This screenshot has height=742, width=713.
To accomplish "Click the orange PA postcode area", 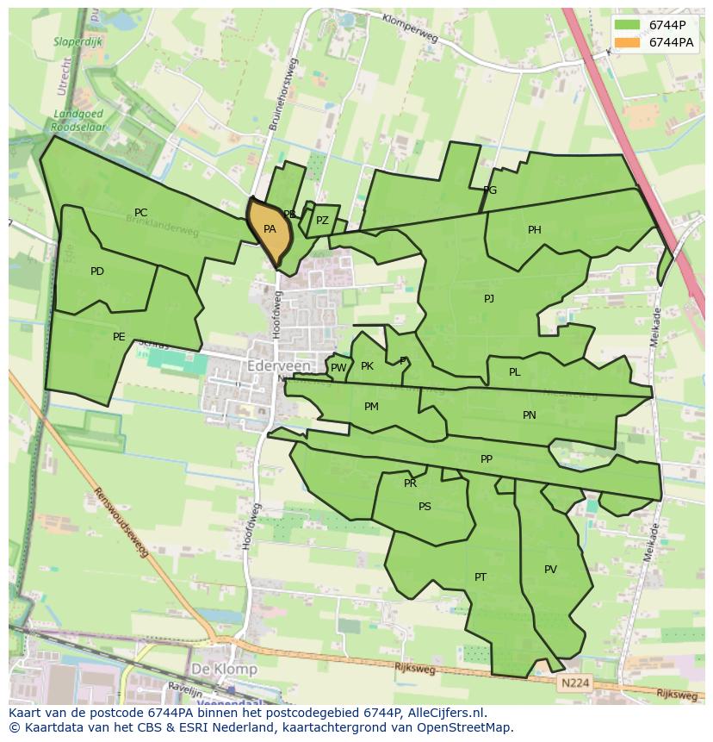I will point(269,230).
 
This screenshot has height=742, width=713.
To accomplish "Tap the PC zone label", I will point(140,213).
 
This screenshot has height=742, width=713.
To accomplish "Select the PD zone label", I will point(97,271).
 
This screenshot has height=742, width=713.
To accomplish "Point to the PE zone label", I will point(119,337).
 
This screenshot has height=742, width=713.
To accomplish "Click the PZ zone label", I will point(322,221).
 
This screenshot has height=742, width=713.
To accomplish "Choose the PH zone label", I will point(535,230).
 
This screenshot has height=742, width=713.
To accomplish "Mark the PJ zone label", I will point(489,299).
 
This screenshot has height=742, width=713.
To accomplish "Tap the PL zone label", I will point(514,372).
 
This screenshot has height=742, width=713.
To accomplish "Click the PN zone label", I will point(530,415).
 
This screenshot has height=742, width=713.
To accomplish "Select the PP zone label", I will point(487,459).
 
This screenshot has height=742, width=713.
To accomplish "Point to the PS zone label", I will point(425,507).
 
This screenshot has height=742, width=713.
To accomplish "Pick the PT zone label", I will point(480,577).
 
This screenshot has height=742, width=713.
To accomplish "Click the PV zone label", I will point(550,570).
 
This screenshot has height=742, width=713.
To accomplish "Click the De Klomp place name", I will point(224,669).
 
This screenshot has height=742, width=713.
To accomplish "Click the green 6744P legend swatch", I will point(628,25).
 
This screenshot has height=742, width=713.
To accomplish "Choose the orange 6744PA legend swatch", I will point(628,42).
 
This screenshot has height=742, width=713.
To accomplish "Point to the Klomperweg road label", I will point(410,28).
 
